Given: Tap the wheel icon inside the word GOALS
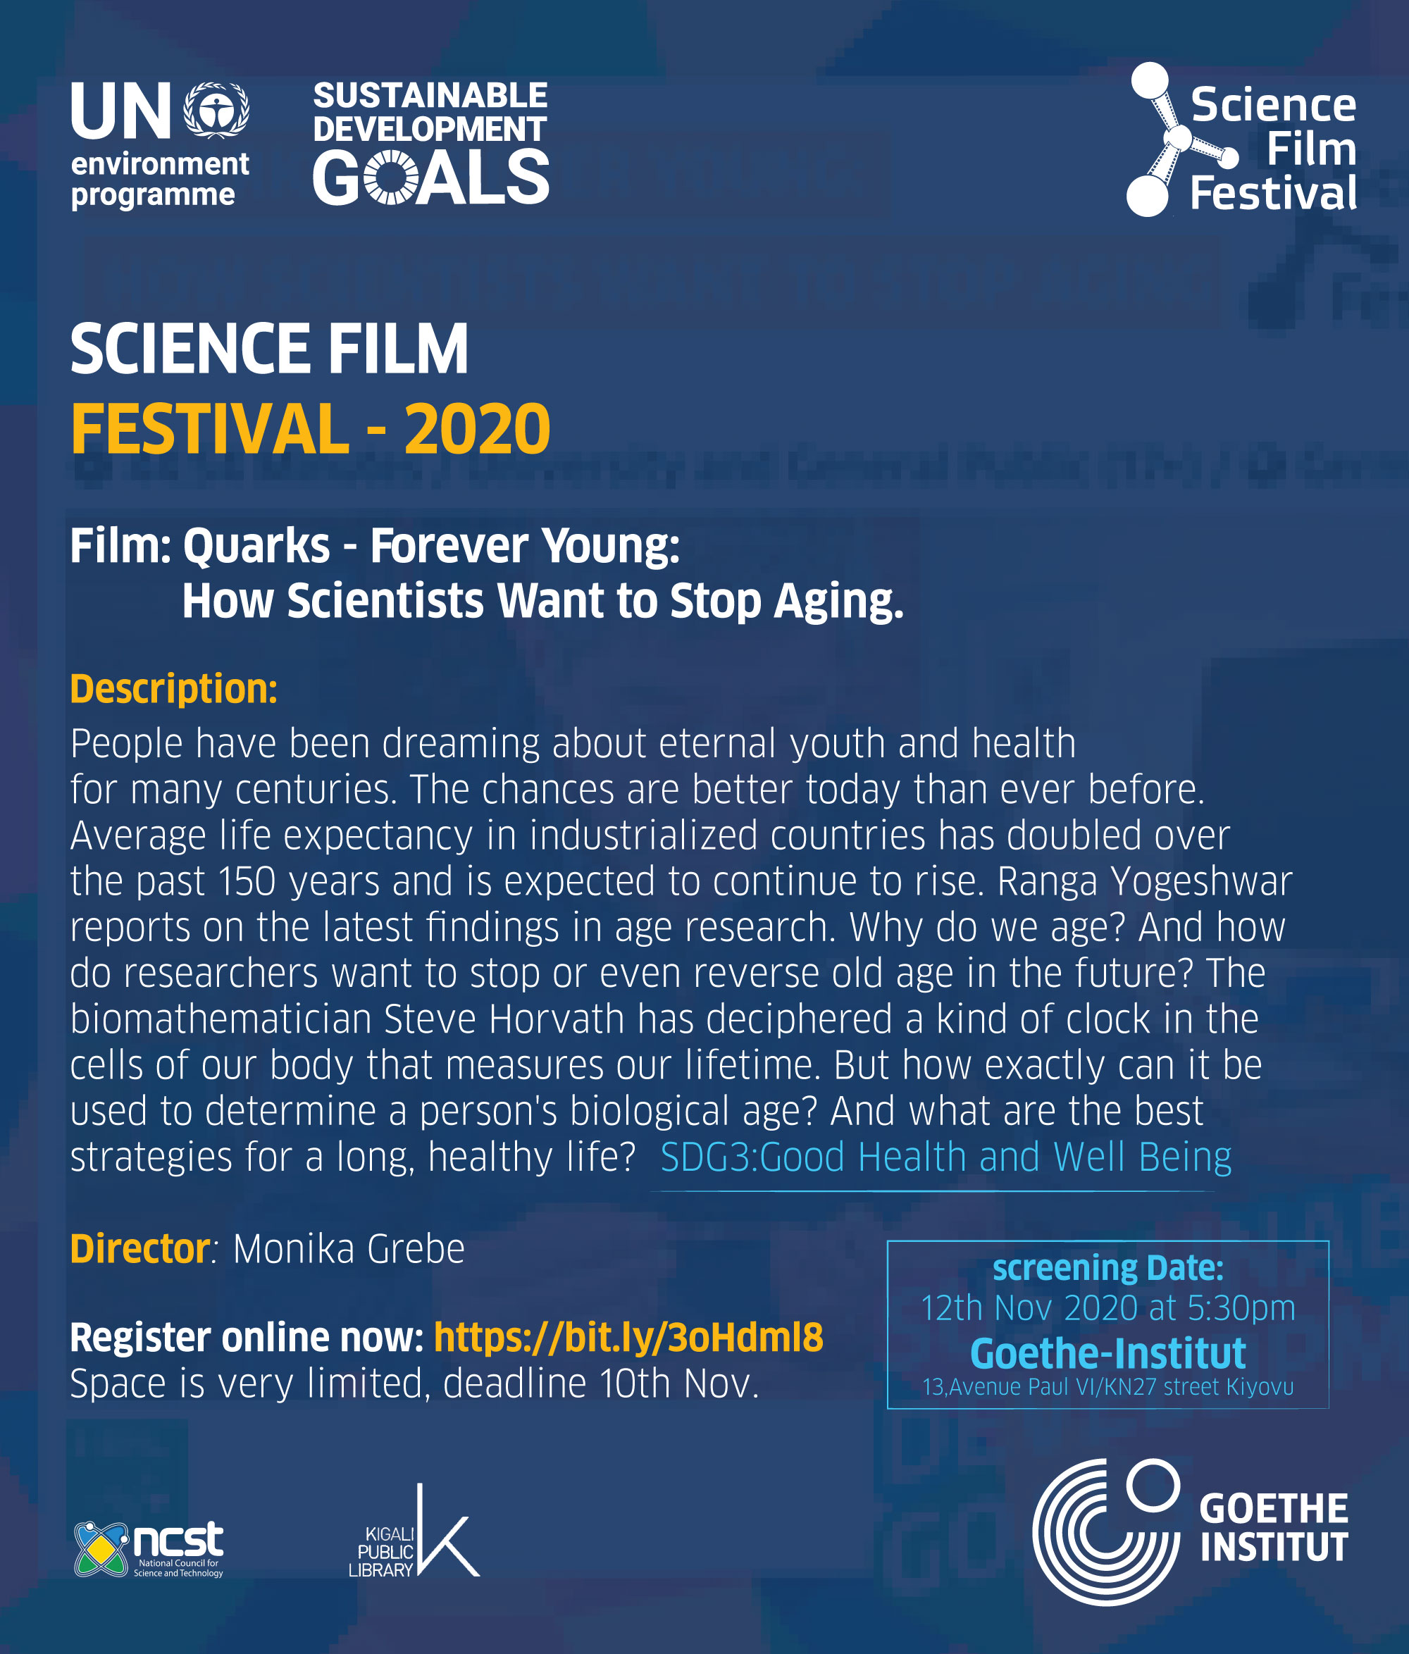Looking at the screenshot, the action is point(391,178).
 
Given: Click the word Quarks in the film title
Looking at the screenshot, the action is point(256,546).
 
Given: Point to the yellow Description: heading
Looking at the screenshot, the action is point(174,688).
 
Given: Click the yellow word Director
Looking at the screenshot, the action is point(139,1248).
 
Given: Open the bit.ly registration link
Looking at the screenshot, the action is point(628,1337).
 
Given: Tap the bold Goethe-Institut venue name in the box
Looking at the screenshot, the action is point(1108,1353).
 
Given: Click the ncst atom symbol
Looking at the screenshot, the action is point(101,1548).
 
